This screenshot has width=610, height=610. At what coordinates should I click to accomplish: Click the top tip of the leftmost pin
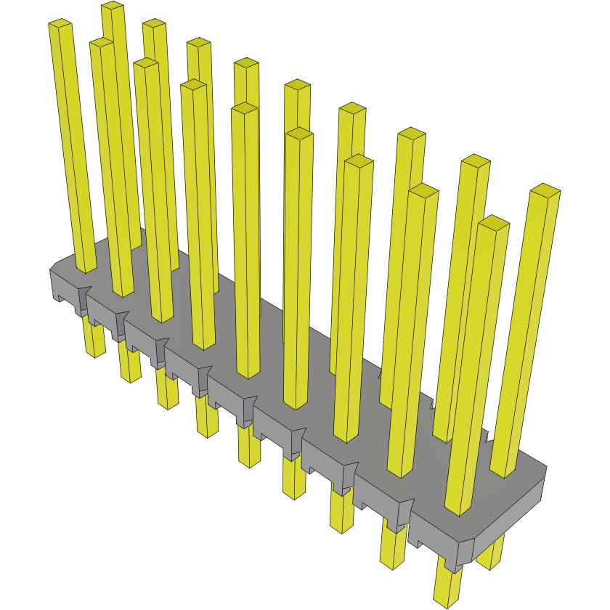point(61,25)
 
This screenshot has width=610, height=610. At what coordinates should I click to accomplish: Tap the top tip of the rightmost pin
point(545,191)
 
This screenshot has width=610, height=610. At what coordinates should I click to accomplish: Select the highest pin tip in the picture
point(112,6)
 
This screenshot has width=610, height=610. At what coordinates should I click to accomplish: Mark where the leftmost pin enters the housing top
point(86,267)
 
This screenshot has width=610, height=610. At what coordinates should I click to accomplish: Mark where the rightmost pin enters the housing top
point(504,471)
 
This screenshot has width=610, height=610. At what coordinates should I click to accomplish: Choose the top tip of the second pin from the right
point(494,222)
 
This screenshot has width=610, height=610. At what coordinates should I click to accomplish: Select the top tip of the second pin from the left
point(102,44)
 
